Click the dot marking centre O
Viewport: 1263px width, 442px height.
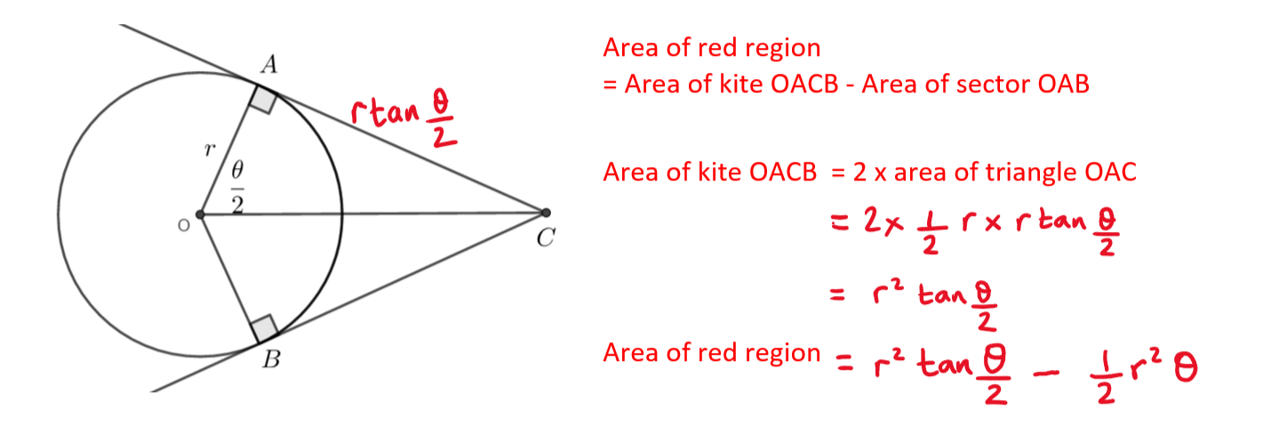pyautogui.click(x=200, y=214)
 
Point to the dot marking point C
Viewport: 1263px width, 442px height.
pyautogui.click(x=545, y=213)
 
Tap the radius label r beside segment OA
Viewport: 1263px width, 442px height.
pyautogui.click(x=210, y=149)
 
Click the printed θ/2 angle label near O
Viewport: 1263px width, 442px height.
pyautogui.click(x=236, y=186)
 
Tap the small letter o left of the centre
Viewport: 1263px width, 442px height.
pyautogui.click(x=183, y=226)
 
